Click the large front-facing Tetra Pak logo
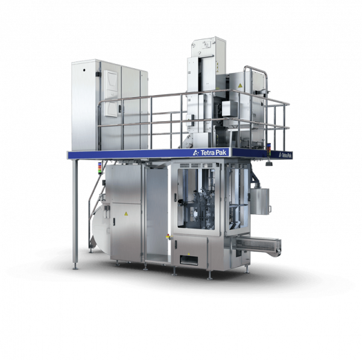(x=210, y=153)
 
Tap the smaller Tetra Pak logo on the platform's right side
(x=285, y=155)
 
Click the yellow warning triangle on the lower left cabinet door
(x=126, y=213)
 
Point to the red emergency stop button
(x=168, y=236)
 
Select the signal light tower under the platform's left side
(x=100, y=168)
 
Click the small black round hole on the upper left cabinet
(x=84, y=70)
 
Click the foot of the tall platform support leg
(x=75, y=267)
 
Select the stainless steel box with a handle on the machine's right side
(x=260, y=201)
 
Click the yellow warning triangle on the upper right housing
(x=240, y=86)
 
